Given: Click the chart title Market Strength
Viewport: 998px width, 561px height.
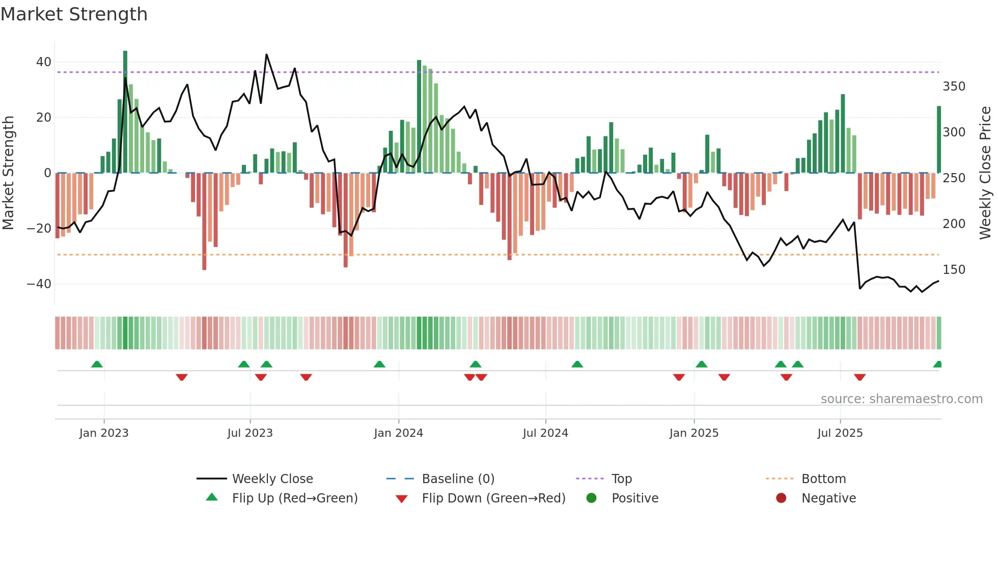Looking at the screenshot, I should pyautogui.click(x=74, y=14).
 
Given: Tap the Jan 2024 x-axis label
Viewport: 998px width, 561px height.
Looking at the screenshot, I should pyautogui.click(x=398, y=433).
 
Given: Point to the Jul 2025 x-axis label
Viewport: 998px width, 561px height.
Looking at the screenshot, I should pyautogui.click(x=840, y=433).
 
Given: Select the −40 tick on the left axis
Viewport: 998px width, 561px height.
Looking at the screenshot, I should pyautogui.click(x=39, y=284).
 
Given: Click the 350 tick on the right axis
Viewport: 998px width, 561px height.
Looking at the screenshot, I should pyautogui.click(x=954, y=87).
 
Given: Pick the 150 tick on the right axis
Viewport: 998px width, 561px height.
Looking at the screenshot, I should pyautogui.click(x=954, y=270).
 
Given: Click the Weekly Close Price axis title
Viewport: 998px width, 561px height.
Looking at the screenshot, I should pyautogui.click(x=985, y=173).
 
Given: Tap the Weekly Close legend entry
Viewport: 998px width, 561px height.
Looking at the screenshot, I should pyautogui.click(x=272, y=479).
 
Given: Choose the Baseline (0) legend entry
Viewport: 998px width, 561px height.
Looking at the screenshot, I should pyautogui.click(x=458, y=479).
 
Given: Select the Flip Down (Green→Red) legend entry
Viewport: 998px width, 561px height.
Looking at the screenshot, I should pyautogui.click(x=493, y=498).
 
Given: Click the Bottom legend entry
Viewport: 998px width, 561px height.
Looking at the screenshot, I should pyautogui.click(x=823, y=479).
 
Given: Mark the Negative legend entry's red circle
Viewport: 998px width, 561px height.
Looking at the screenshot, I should pyautogui.click(x=781, y=498).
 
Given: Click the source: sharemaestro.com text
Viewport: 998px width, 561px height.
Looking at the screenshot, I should pyautogui.click(x=901, y=399).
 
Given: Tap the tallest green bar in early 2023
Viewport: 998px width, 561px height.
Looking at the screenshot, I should pyautogui.click(x=125, y=112).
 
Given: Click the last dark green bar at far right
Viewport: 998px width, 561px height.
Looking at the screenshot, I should pyautogui.click(x=939, y=139).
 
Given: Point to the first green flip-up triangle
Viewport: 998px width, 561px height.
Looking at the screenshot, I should pyautogui.click(x=97, y=364).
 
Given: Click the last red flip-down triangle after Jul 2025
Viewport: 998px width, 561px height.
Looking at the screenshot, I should pyautogui.click(x=860, y=377).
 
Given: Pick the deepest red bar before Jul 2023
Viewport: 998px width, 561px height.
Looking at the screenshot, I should pyautogui.click(x=204, y=221).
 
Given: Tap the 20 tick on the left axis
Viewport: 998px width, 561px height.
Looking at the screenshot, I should pyautogui.click(x=44, y=118).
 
